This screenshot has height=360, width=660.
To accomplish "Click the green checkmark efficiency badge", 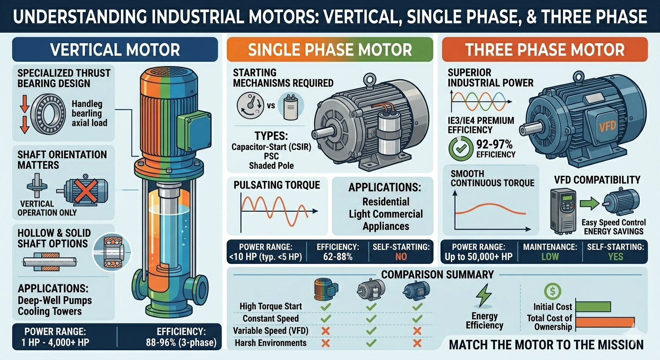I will coord(457,149).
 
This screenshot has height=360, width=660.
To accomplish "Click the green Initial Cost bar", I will coord(593,307).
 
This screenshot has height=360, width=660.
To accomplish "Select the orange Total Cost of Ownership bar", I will coord(605,322).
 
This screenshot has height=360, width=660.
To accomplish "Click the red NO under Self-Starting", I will coord(401,256).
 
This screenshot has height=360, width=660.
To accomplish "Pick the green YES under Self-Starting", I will coord(615,256).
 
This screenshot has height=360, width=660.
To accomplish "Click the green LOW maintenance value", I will coord(550,256).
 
